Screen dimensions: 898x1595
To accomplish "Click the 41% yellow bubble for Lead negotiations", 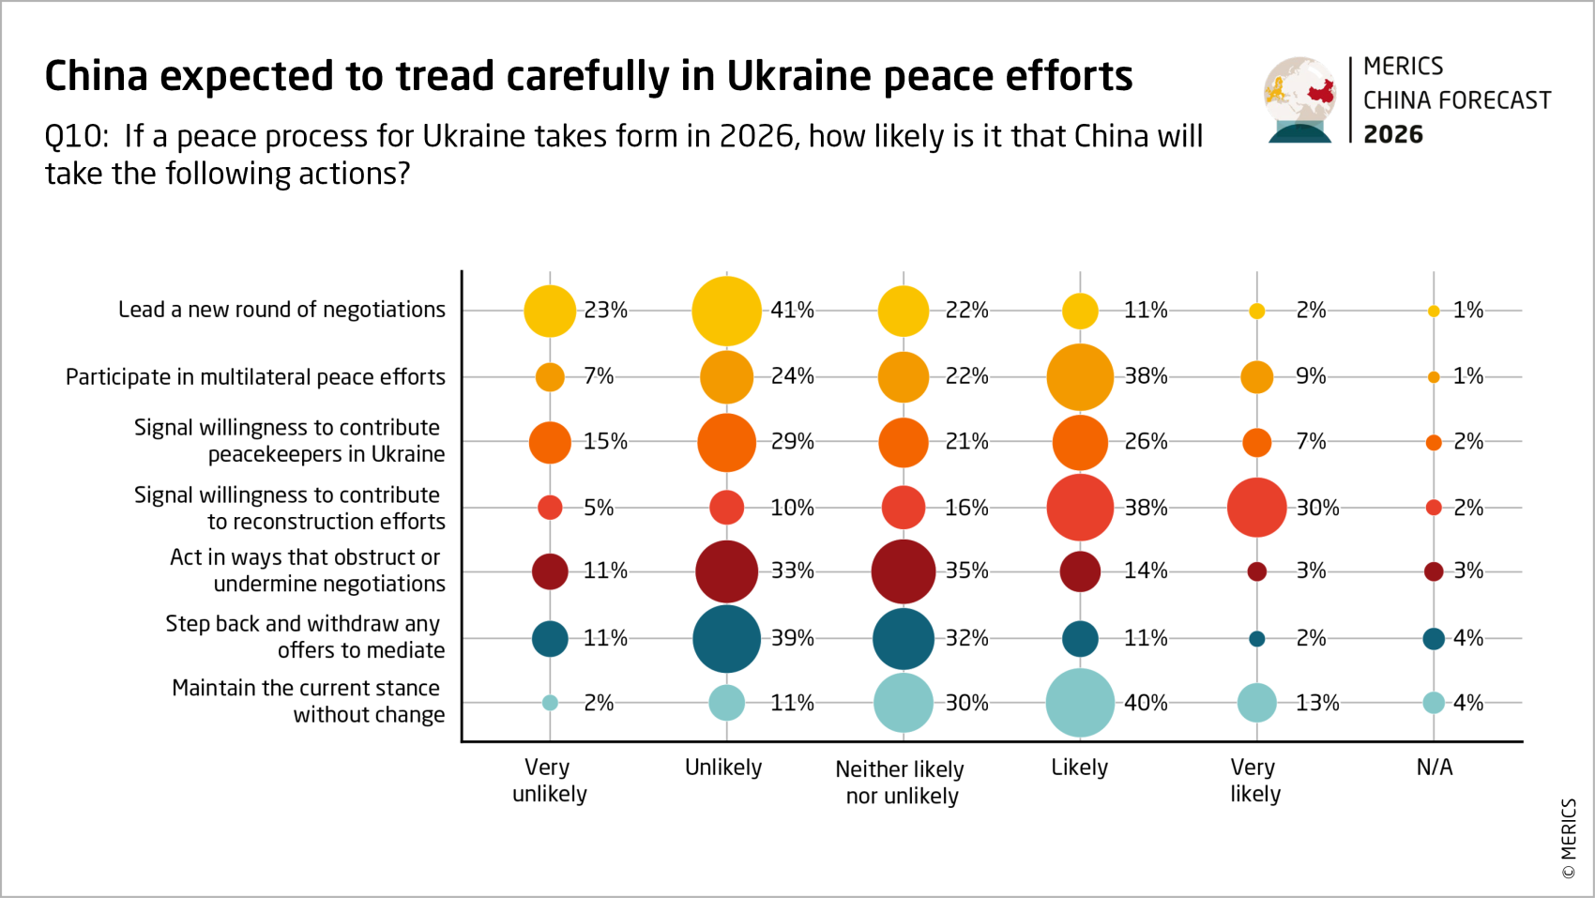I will coord(726,311).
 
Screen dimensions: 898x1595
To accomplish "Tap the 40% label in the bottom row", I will coord(1146,703).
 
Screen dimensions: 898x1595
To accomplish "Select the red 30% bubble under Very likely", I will coord(1256,508).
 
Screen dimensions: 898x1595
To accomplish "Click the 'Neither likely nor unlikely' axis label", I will coord(901,783).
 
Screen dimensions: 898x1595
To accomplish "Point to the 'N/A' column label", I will coord(1434,768).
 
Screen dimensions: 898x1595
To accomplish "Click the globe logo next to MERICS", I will coord(1299,99).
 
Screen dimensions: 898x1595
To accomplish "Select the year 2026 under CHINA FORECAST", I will coord(1392,135).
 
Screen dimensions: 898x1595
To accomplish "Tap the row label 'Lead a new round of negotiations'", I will coord(281,310).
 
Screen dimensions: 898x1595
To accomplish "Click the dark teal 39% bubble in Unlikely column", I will coord(726,639).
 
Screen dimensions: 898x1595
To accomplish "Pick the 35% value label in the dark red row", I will coord(966,571).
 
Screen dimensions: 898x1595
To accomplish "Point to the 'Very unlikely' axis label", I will coord(549,781).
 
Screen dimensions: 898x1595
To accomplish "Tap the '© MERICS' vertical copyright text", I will coord(1569,838).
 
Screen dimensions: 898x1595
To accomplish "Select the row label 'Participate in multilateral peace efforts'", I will coord(255,377).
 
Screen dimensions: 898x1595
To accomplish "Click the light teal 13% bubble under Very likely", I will coord(1256,703).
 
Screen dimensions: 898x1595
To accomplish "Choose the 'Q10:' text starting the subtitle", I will coord(76,137).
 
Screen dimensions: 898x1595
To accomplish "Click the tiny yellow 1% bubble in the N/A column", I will coord(1434,312).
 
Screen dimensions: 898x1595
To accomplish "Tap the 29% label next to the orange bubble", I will coord(792,441).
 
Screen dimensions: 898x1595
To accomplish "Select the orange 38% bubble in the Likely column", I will coord(1080,377).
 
